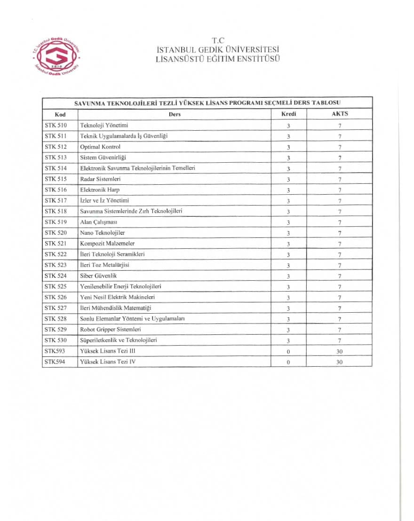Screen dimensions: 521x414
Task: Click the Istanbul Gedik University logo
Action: (56, 56)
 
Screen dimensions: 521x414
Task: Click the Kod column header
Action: (60, 114)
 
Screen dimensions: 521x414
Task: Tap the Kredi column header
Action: (288, 114)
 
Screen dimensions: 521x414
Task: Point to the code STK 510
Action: (56, 125)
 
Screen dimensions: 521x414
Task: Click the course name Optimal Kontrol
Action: (100, 147)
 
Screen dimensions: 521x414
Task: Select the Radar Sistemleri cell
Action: (101, 179)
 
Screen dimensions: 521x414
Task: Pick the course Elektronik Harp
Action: (100, 189)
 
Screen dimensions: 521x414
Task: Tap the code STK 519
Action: (56, 222)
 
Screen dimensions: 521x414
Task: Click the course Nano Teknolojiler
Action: (103, 233)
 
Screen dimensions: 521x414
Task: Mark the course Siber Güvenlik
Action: (98, 276)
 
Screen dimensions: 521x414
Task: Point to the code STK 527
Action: (56, 308)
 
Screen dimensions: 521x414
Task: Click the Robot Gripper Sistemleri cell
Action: (111, 330)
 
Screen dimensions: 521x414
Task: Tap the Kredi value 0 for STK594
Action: (288, 362)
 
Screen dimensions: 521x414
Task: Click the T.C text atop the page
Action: (218, 40)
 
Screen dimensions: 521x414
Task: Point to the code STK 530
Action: (56, 340)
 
